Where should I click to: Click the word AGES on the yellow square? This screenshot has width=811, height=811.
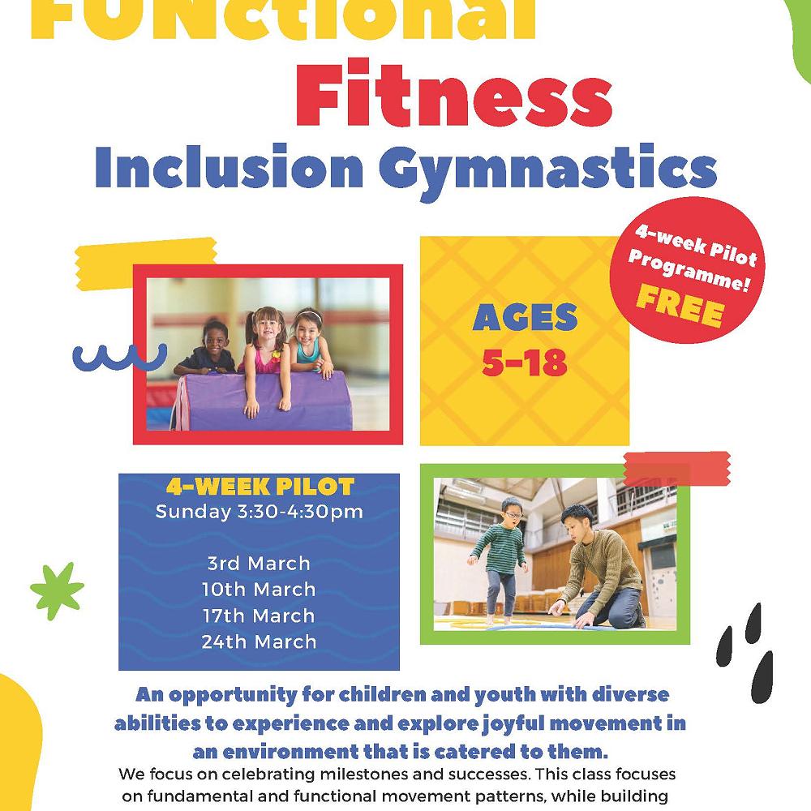click(x=525, y=319)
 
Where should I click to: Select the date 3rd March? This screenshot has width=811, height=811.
click(x=259, y=563)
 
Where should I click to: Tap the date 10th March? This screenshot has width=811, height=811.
click(x=259, y=589)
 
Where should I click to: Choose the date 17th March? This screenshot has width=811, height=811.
click(x=259, y=615)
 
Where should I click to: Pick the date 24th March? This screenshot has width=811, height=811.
click(x=259, y=641)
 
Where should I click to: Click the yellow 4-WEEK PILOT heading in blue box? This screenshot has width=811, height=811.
click(x=260, y=487)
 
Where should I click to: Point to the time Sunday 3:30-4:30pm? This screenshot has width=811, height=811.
click(x=259, y=512)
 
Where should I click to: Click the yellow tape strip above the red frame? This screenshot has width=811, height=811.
click(x=146, y=257)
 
